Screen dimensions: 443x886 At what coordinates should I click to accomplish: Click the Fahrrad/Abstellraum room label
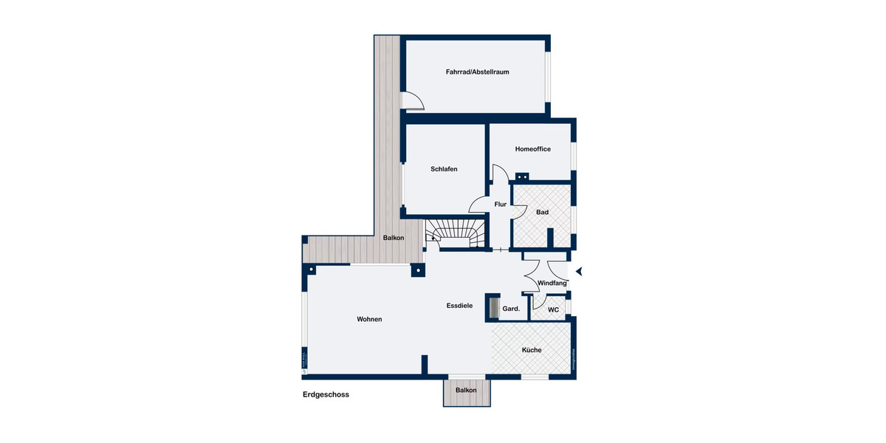click(478, 72)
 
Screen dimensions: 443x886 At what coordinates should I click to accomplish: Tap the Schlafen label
click(444, 169)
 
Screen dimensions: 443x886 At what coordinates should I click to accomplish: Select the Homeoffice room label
click(533, 149)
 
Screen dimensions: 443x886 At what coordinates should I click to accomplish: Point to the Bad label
click(543, 213)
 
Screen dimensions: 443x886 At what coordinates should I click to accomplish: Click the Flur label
click(501, 205)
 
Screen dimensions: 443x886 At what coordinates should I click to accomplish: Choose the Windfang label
click(552, 284)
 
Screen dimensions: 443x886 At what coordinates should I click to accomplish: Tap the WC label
click(553, 309)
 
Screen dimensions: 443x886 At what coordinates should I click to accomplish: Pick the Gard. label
click(511, 309)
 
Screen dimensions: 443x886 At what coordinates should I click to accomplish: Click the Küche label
click(532, 350)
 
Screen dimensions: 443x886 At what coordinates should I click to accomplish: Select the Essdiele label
click(459, 306)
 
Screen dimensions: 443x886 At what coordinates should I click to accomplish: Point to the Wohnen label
click(369, 319)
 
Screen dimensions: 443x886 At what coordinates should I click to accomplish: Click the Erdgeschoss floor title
click(326, 394)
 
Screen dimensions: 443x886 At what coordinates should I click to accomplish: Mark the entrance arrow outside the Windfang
click(580, 272)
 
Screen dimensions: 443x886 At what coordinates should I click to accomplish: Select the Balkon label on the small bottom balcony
click(466, 390)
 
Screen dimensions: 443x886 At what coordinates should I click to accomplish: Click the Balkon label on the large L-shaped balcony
click(393, 238)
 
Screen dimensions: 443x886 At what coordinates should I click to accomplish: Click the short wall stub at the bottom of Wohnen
click(425, 365)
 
